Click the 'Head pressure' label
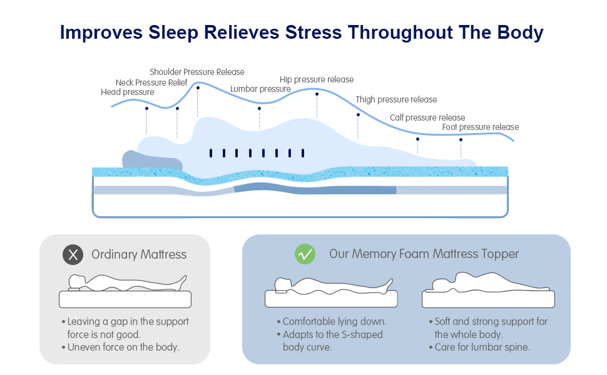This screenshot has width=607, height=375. coord(127,92)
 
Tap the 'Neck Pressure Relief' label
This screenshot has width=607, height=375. coord(151,82)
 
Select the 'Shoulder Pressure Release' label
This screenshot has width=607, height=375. coord(197,72)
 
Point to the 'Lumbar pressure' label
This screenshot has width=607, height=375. coord(260,89)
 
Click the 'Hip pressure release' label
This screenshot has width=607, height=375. coord(317,79)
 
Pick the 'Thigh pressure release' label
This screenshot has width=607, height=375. coord(396,99)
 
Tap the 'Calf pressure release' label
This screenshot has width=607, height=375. coord(427,117)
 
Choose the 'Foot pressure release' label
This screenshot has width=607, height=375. coord(481,127)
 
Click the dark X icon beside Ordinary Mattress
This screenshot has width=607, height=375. coord(73,254)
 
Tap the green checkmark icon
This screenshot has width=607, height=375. coord(305,254)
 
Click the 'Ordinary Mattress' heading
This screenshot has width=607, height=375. coord(139,254)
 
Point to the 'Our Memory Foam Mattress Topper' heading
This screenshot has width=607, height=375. coord(424,254)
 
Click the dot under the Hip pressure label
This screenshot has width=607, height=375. coord(317,94)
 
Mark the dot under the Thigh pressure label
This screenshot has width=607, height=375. coord(358,114)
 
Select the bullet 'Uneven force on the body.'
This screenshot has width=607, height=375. coord(123,347)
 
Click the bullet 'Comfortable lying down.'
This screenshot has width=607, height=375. coord(334,322)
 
